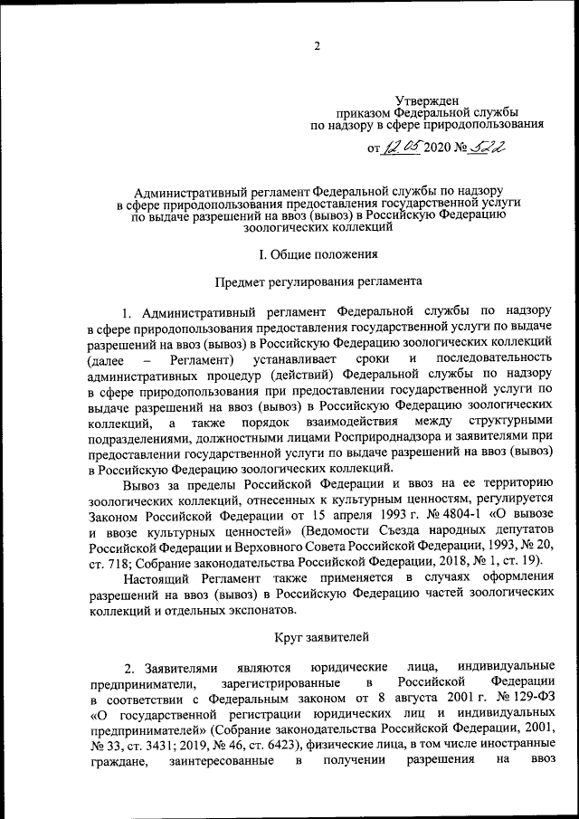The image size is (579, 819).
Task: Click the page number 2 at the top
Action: tap(318, 47)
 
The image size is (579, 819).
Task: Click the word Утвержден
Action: tap(427, 100)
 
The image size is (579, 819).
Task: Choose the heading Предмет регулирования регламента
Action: tap(312, 282)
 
